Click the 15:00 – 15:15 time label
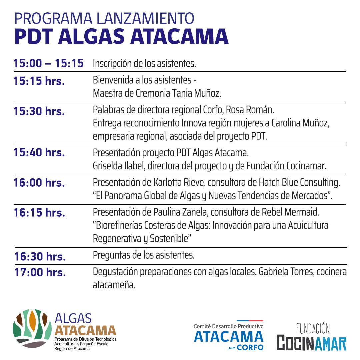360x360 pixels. click(x=49, y=63)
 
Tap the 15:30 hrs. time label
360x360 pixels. click(x=39, y=111)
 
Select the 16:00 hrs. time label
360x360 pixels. click(x=39, y=183)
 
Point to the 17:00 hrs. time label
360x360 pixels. click(x=40, y=272)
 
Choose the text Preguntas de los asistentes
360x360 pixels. click(x=144, y=256)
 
